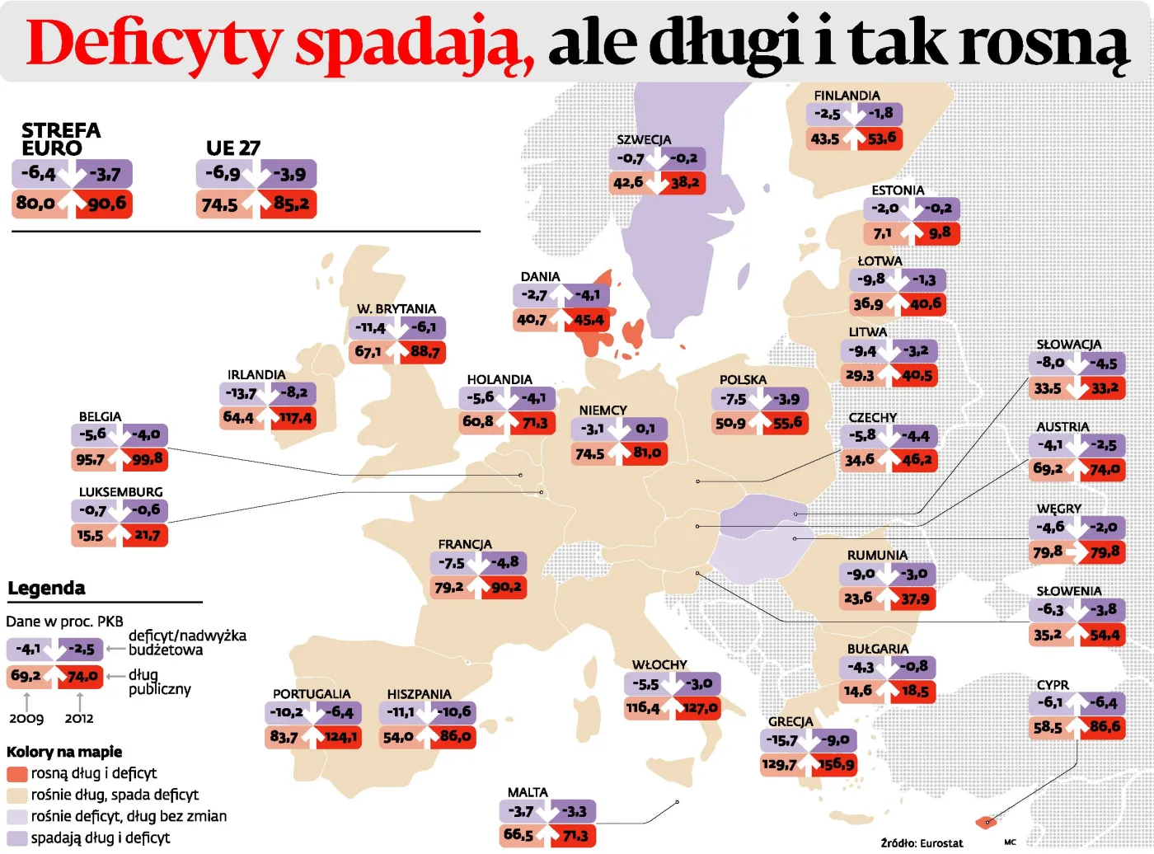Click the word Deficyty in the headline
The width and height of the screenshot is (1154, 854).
pyautogui.click(x=152, y=43)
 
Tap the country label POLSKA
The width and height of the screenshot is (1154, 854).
pyautogui.click(x=743, y=380)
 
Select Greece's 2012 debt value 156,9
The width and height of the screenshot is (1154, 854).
pyautogui.click(x=834, y=764)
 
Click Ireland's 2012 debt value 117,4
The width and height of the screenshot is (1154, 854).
pyautogui.click(x=294, y=418)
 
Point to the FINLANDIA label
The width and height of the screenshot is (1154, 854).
pyautogui.click(x=847, y=96)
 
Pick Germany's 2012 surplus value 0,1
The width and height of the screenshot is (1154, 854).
pyautogui.click(x=645, y=429)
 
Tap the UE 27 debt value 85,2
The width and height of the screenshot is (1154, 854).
pyautogui.click(x=291, y=204)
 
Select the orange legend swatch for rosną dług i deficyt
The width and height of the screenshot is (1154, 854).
pyautogui.click(x=17, y=774)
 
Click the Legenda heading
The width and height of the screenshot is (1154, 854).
pyautogui.click(x=46, y=589)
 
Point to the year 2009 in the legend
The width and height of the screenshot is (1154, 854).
pyautogui.click(x=26, y=719)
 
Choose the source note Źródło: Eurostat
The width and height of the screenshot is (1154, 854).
pyautogui.click(x=921, y=843)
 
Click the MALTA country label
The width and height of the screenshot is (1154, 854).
pyautogui.click(x=528, y=793)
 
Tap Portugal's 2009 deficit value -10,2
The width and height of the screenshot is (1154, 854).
pyautogui.click(x=286, y=712)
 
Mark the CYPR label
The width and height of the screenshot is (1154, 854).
pyautogui.click(x=1053, y=685)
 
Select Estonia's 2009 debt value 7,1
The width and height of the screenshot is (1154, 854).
pyautogui.click(x=882, y=233)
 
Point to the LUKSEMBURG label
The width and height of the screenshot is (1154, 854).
pyautogui.click(x=120, y=492)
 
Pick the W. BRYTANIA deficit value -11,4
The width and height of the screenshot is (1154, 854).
pyautogui.click(x=370, y=328)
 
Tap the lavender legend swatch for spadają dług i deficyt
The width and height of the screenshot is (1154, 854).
pyautogui.click(x=17, y=838)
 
